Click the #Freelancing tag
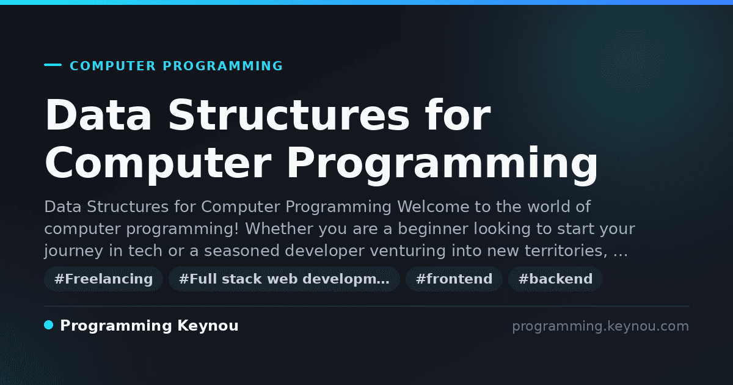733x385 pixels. pyautogui.click(x=103, y=279)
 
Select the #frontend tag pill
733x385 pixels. pyautogui.click(x=454, y=279)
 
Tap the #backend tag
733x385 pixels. pyautogui.click(x=555, y=279)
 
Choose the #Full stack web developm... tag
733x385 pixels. pyautogui.click(x=284, y=279)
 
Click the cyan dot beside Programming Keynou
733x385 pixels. pyautogui.click(x=49, y=325)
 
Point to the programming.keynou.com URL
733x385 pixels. pyautogui.click(x=600, y=326)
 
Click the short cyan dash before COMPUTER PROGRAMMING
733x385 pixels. pyautogui.click(x=53, y=65)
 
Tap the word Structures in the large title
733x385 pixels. pyautogui.click(x=288, y=115)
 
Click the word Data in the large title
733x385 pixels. pyautogui.click(x=98, y=115)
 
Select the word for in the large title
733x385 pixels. pyautogui.click(x=458, y=115)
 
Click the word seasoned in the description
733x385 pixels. pyautogui.click(x=241, y=251)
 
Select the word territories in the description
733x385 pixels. pyautogui.click(x=564, y=251)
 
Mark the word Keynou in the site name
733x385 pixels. pyautogui.click(x=208, y=326)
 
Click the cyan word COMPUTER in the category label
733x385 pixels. pyautogui.click(x=113, y=66)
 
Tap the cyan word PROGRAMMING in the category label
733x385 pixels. pyautogui.click(x=223, y=66)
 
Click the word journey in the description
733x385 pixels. pyautogui.click(x=74, y=251)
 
